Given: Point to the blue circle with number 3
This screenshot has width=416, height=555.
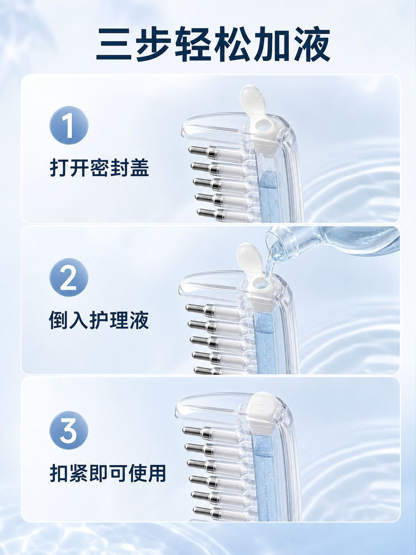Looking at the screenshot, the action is (69, 431).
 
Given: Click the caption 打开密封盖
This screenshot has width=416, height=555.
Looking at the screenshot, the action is (99, 167).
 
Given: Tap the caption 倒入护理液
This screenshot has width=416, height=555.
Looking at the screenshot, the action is (98, 320).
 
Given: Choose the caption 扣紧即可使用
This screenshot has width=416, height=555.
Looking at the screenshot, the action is (108, 473).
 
